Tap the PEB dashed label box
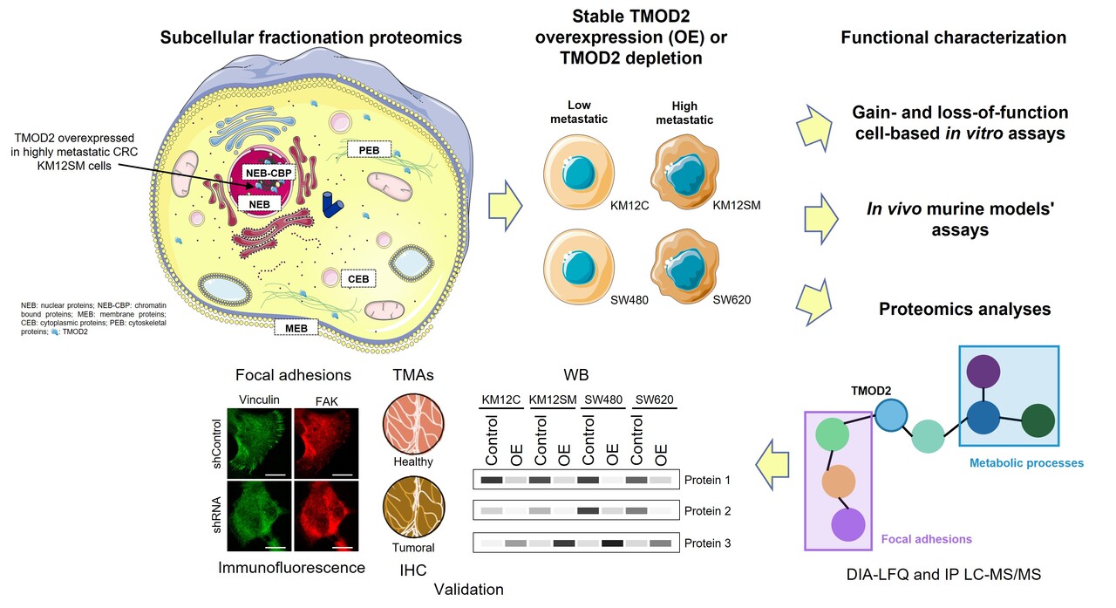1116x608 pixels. click(x=369, y=150)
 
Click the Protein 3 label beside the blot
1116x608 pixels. click(x=708, y=543)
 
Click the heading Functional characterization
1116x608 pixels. click(x=953, y=38)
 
